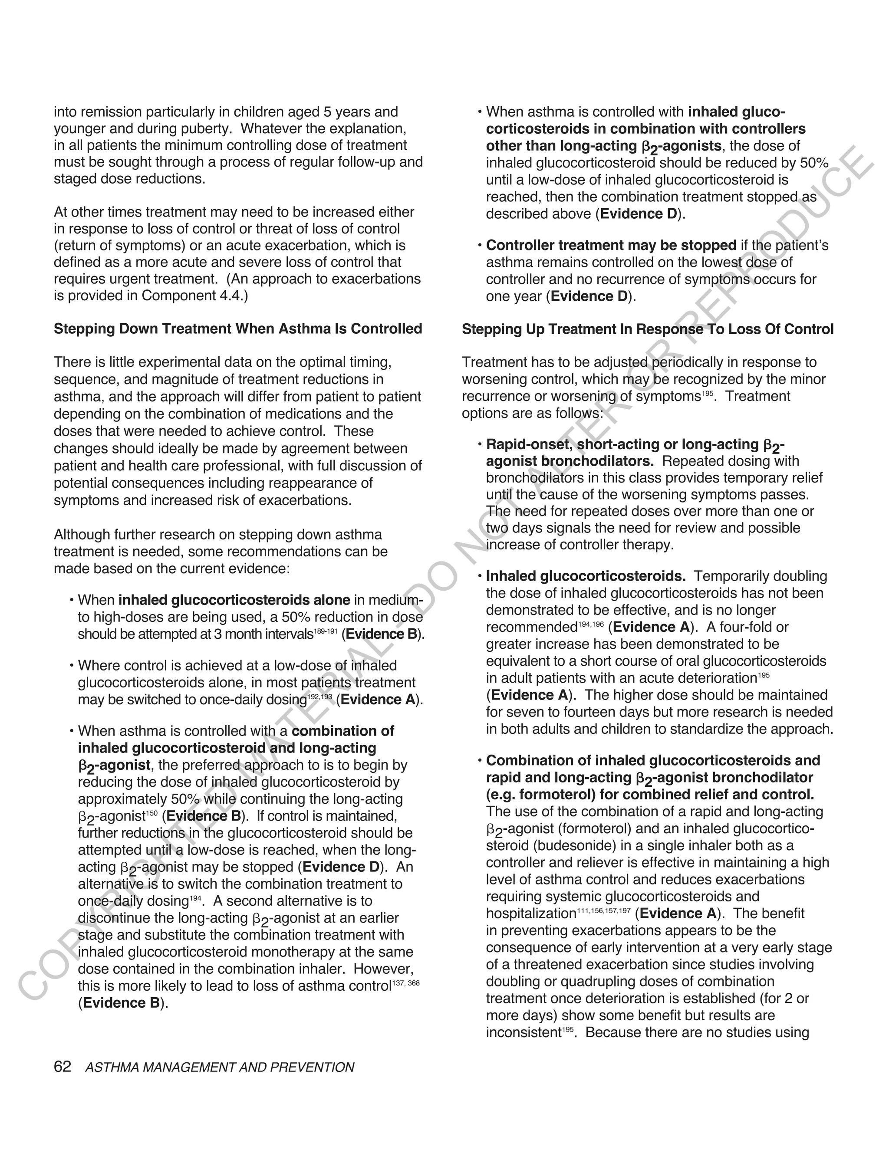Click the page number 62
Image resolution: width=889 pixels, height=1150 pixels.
pyautogui.click(x=62, y=1067)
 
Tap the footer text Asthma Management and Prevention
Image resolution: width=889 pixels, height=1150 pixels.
pyautogui.click(x=220, y=1068)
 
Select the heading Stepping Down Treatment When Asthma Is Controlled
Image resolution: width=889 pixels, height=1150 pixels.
pyautogui.click(x=238, y=329)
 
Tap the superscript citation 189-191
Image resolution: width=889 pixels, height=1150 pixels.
pyautogui.click(x=326, y=631)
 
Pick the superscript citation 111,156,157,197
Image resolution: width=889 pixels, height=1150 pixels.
pyautogui.click(x=603, y=910)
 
